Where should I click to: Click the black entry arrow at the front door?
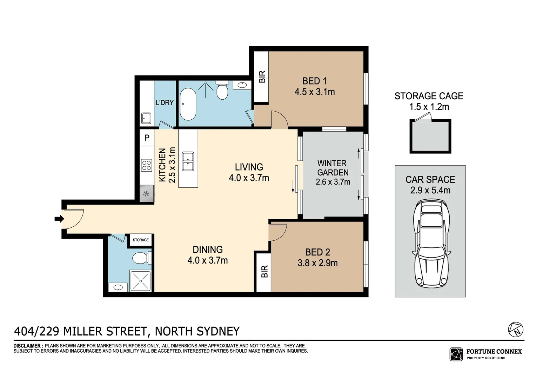[59, 219]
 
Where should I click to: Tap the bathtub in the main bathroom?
[188, 104]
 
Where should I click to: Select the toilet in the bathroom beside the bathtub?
[222, 91]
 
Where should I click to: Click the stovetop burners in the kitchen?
[146, 165]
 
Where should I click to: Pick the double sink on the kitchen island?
[188, 161]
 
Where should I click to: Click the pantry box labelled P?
[147, 138]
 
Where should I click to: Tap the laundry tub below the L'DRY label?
[146, 118]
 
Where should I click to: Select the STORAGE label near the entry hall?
[141, 240]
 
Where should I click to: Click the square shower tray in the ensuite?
[140, 281]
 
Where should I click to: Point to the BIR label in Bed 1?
[262, 77]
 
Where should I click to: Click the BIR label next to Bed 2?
[264, 271]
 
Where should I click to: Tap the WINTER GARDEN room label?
[333, 168]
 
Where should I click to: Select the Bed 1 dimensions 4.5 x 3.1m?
[315, 92]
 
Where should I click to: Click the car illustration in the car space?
[430, 244]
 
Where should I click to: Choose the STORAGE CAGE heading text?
[429, 96]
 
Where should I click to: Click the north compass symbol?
[516, 329]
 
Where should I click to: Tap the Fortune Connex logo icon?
[456, 354]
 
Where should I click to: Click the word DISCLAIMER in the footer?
[28, 346]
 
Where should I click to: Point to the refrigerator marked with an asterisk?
[146, 194]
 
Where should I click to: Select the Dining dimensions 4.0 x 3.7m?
[208, 260]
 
